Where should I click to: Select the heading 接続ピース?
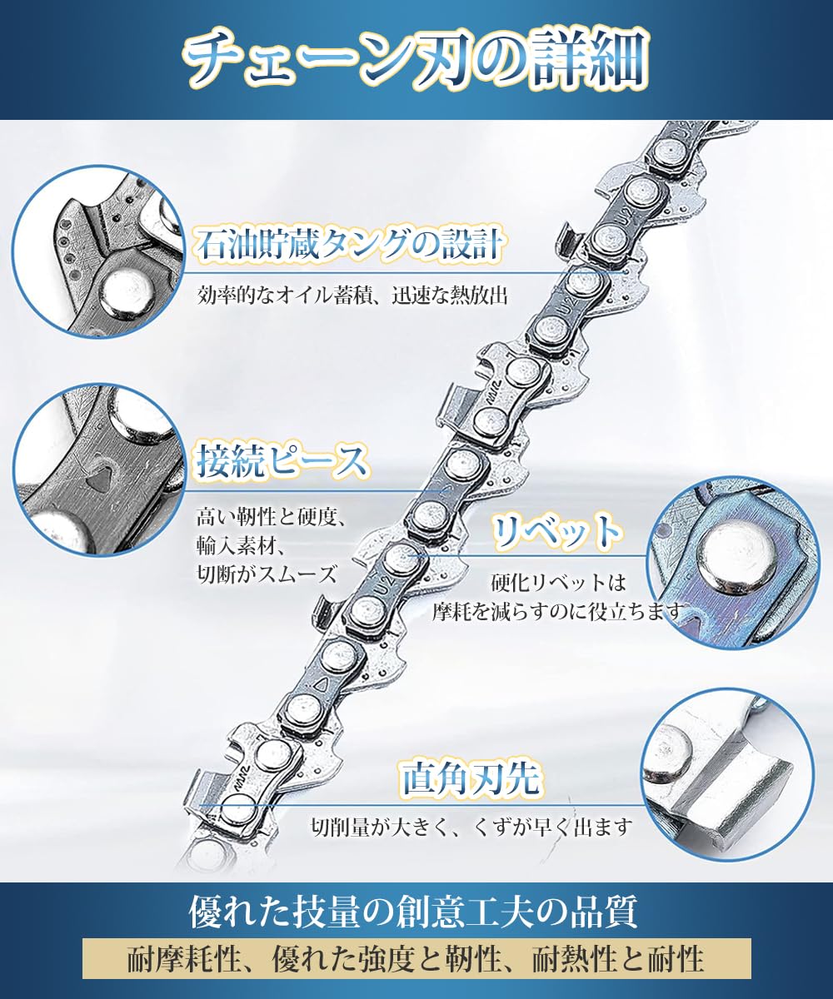click(x=282, y=462)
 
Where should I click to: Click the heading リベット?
click(x=556, y=531)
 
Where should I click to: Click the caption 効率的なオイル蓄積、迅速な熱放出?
click(x=352, y=296)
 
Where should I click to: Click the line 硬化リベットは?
click(x=559, y=582)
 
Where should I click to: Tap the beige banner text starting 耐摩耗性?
click(x=416, y=957)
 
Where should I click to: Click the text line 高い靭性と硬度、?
click(x=271, y=517)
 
